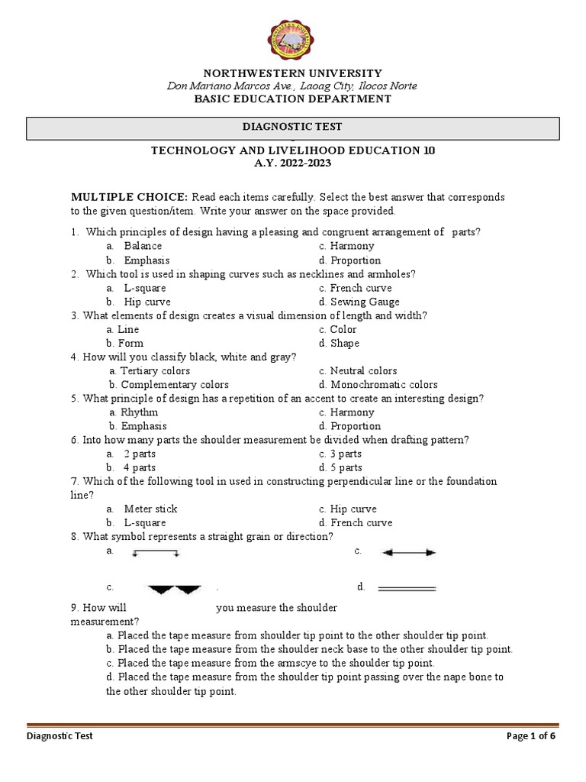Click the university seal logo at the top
pyautogui.click(x=293, y=37)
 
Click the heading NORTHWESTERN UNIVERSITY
pyautogui.click(x=292, y=73)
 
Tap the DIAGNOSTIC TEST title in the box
pyautogui.click(x=292, y=128)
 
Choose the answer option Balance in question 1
pyautogui.click(x=143, y=246)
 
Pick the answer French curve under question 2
pyautogui.click(x=360, y=288)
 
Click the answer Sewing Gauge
pyautogui.click(x=364, y=302)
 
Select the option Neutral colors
pyautogui.click(x=363, y=371)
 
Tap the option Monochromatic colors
pyautogui.click(x=384, y=385)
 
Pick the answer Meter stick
pyautogui.click(x=150, y=509)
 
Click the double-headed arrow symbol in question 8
pyautogui.click(x=408, y=552)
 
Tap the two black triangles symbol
pyautogui.click(x=175, y=589)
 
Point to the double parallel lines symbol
pyautogui.click(x=407, y=589)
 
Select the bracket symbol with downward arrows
pyautogui.click(x=156, y=553)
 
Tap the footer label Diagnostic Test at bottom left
pyautogui.click(x=60, y=737)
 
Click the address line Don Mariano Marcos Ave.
pyautogui.click(x=292, y=86)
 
